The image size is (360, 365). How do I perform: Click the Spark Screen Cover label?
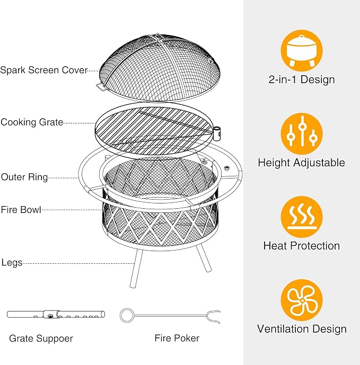(x=44, y=70)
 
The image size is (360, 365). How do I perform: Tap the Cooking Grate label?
(x=32, y=122)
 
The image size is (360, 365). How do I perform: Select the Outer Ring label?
(x=24, y=177)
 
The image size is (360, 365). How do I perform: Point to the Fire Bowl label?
(x=21, y=210)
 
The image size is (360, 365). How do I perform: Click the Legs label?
(x=12, y=263)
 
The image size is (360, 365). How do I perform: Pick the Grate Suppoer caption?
(x=41, y=339)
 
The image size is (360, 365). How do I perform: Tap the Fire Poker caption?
(x=177, y=338)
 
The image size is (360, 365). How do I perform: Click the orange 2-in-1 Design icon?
(x=302, y=50)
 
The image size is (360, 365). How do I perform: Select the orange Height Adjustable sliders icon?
(x=302, y=133)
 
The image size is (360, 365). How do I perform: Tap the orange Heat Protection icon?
(x=302, y=217)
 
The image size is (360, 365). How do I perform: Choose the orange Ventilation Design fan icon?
(x=302, y=300)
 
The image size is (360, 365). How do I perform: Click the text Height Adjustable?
(x=301, y=163)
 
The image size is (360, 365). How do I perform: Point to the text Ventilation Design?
(x=302, y=329)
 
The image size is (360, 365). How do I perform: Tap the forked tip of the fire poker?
(x=214, y=317)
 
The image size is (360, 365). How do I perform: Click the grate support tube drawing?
(x=56, y=315)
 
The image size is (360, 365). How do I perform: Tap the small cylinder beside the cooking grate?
(x=216, y=133)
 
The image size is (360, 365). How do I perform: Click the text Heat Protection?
(x=302, y=246)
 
